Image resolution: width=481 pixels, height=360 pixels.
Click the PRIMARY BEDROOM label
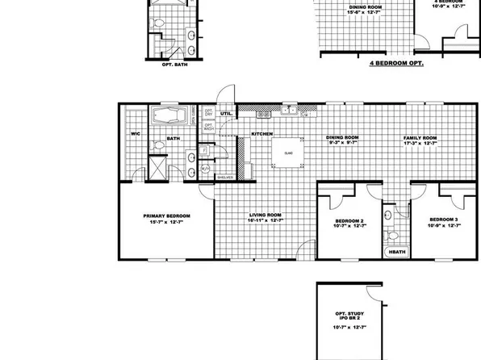167,216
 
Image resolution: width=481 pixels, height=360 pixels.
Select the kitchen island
287,153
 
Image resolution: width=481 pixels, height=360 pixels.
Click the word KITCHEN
261,134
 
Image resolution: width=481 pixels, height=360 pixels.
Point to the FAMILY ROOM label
420,138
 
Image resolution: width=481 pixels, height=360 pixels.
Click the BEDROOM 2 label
349,220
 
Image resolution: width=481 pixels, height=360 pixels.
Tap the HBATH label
397,253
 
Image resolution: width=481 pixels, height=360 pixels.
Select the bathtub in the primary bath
173,115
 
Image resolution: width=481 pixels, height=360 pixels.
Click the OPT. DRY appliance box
208,113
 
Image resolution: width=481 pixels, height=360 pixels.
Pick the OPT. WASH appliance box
208,126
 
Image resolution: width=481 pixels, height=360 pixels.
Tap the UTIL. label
226,115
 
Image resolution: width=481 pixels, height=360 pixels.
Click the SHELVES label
225,177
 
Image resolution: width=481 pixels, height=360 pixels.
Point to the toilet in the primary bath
157,148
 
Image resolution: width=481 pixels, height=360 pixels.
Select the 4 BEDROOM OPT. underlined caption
396,61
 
